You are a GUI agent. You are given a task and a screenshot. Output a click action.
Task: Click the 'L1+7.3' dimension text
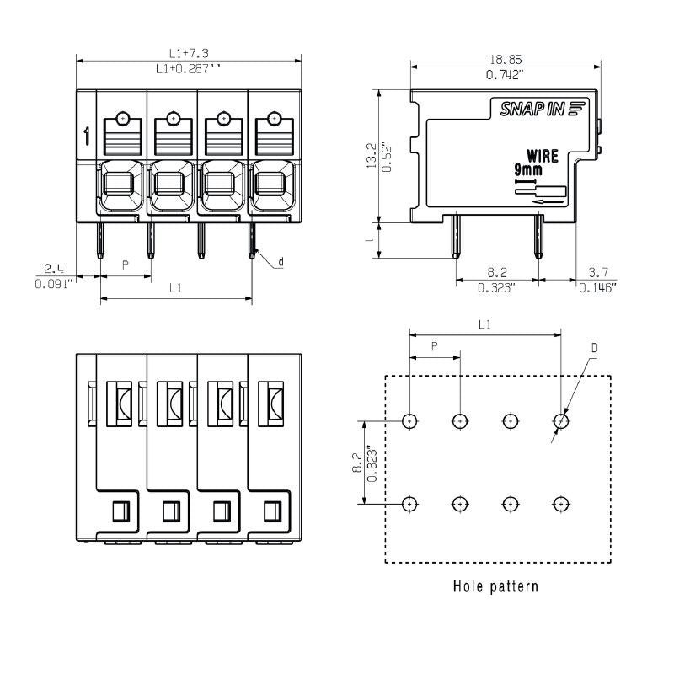(x=189, y=53)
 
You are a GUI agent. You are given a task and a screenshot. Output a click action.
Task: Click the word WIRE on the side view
(x=543, y=156)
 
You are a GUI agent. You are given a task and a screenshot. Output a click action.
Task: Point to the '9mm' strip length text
(x=529, y=169)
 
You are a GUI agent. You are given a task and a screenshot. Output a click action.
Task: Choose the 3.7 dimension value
(x=597, y=272)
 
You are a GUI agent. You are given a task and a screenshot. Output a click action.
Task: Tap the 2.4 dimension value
(x=54, y=269)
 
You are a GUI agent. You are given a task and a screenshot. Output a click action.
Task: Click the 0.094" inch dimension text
(x=54, y=284)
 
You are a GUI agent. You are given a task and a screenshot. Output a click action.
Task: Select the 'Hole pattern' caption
(x=495, y=586)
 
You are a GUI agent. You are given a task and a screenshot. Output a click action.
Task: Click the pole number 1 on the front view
(x=87, y=135)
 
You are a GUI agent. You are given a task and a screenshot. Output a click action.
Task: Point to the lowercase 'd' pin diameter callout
(x=281, y=263)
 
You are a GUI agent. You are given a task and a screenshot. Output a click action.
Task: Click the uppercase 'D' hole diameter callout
(x=594, y=347)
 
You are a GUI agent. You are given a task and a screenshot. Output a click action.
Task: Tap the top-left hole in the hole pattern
(x=409, y=420)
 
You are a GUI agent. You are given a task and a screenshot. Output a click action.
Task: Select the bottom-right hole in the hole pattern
(x=560, y=504)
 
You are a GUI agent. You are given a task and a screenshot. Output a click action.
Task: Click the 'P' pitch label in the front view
(x=126, y=265)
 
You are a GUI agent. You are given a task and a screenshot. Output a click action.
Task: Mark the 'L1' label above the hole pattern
(x=484, y=324)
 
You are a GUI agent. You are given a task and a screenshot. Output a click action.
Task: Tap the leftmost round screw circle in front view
(x=123, y=119)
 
